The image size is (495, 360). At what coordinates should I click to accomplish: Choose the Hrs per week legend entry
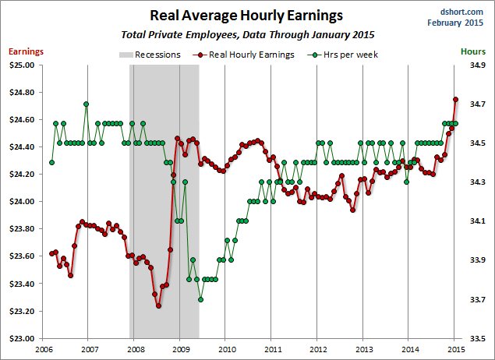click(x=345, y=55)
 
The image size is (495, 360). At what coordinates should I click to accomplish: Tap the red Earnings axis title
click(x=26, y=51)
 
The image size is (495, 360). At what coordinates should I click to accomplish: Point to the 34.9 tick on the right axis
click(x=476, y=65)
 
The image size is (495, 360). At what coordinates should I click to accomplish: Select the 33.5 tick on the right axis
click(x=476, y=339)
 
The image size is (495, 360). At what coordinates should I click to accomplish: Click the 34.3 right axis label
click(x=476, y=182)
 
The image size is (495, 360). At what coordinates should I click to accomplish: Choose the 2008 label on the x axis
click(x=134, y=350)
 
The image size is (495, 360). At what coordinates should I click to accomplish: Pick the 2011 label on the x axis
click(x=271, y=350)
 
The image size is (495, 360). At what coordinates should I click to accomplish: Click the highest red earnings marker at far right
click(x=456, y=100)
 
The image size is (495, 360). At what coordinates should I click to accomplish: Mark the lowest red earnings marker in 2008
click(x=158, y=306)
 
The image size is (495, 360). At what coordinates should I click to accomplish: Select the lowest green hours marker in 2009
click(x=200, y=299)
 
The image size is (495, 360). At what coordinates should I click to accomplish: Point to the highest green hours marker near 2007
click(x=86, y=104)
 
